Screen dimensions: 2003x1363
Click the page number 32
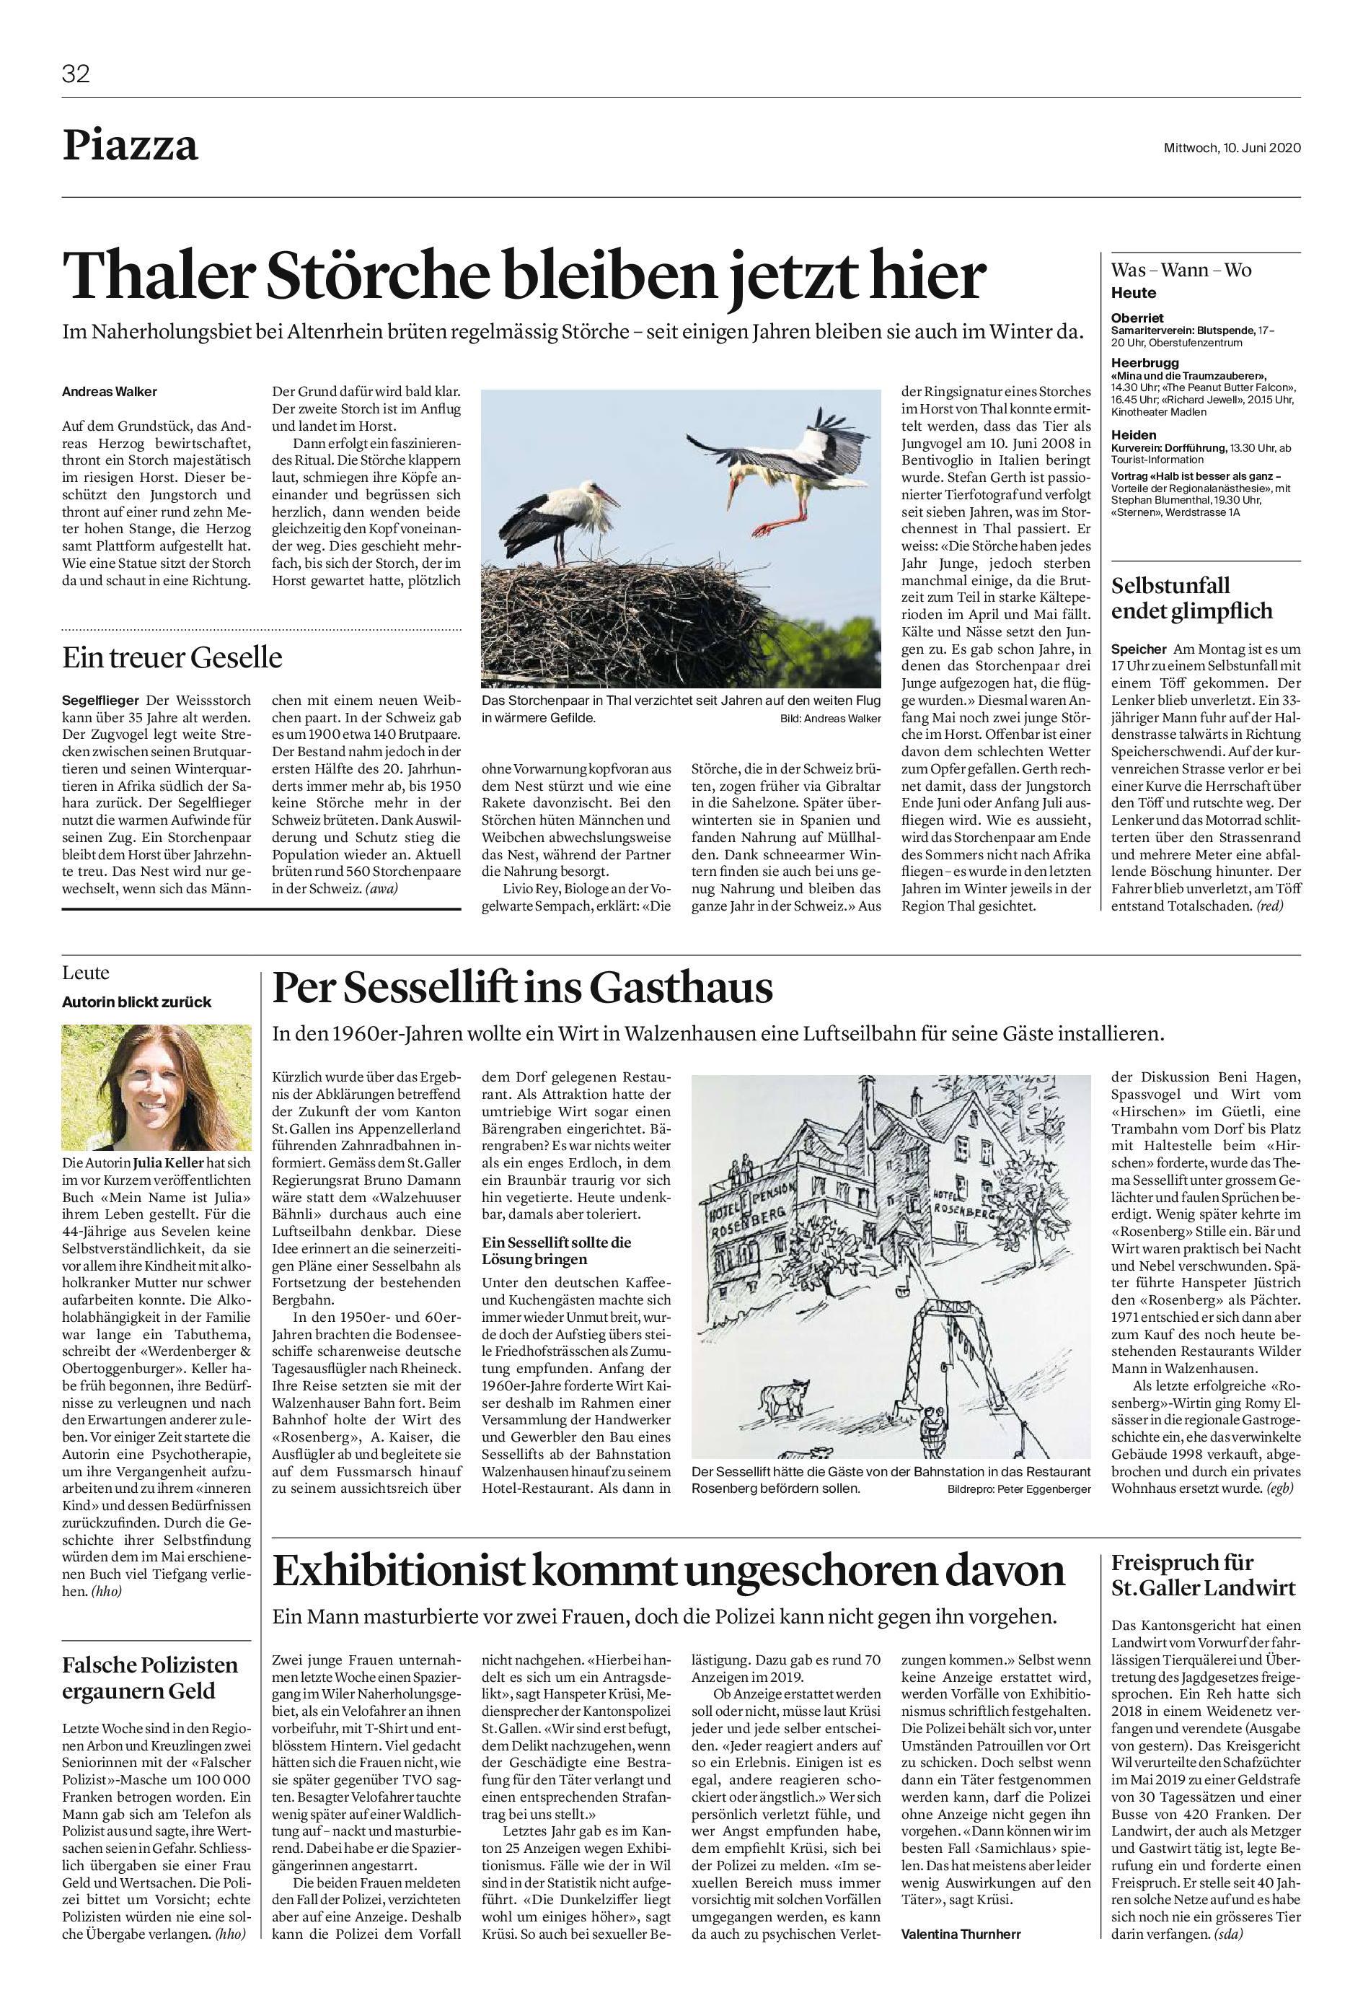pos(76,74)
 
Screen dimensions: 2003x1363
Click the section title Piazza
pos(130,146)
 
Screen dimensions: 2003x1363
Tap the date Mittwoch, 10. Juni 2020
pos(1231,147)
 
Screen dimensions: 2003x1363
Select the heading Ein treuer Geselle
pos(172,657)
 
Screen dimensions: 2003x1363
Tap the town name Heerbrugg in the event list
pos(1144,363)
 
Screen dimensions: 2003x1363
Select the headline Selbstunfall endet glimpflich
pos(1191,598)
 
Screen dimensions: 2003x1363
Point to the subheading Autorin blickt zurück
pos(136,1001)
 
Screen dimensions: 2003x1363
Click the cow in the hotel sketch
pos(784,1395)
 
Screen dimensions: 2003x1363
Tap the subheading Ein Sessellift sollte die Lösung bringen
pos(556,1250)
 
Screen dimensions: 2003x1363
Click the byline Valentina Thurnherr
pos(960,1934)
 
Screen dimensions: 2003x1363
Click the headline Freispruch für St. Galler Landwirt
pos(1203,1574)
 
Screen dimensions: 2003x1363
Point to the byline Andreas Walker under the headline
pos(110,392)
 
